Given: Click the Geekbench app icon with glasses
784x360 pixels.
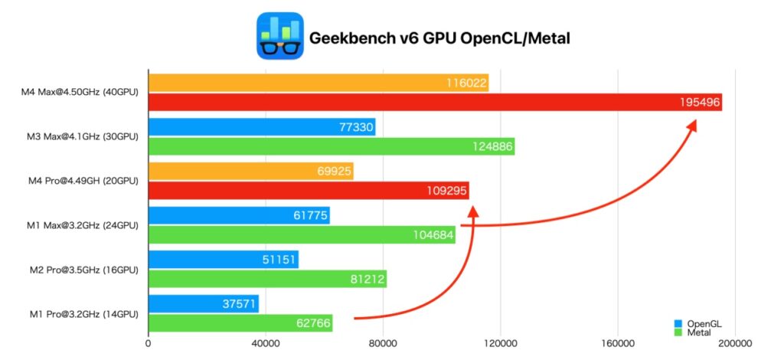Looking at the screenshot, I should (279, 36).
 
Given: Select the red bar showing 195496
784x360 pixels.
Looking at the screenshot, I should (434, 102).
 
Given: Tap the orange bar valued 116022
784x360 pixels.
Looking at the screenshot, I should (318, 83).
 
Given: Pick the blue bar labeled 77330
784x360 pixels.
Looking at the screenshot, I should (261, 127).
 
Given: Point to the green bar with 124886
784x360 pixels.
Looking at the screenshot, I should (331, 146).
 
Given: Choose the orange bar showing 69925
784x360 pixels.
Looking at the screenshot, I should (250, 171).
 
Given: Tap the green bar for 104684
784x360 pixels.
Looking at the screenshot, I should (301, 235).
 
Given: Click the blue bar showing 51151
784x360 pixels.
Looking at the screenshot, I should (223, 260).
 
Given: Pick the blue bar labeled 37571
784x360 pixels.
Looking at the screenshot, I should (203, 304).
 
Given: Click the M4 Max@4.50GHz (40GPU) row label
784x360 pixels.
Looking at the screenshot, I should (80, 93).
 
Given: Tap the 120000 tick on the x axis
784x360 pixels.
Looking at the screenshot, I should (499, 344).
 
